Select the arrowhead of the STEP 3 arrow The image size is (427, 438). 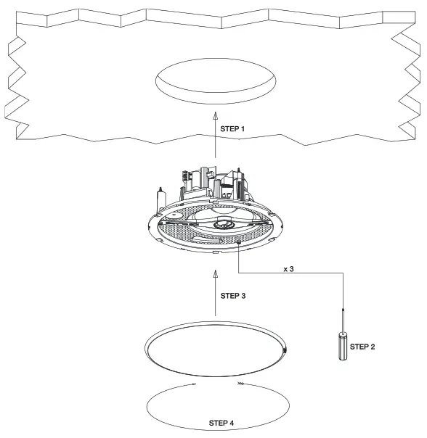216,273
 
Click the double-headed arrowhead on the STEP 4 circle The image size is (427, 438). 240,384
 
